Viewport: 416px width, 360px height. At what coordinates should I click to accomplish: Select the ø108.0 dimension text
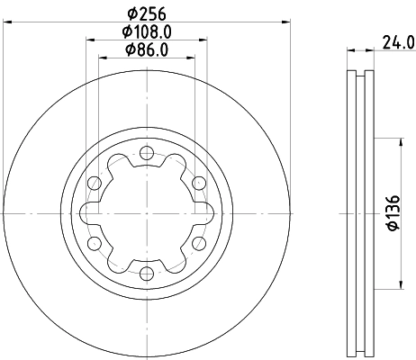146,31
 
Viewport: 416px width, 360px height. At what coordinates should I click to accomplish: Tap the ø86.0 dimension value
146,49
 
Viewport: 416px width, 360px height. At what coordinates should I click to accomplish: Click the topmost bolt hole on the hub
146,153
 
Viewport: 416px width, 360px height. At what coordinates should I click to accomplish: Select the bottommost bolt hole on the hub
146,273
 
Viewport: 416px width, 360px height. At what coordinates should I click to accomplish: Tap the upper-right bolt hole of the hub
198,183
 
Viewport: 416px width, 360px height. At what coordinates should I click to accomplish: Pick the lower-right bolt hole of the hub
198,243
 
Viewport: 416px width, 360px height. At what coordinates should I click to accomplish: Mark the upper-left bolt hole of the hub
94,183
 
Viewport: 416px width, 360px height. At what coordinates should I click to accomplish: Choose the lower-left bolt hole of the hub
94,243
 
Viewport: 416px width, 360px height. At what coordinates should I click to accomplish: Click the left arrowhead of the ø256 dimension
5,20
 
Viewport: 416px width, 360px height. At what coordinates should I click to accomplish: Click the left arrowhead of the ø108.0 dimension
89,39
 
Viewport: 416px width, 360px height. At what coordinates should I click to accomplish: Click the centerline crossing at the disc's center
146,213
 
